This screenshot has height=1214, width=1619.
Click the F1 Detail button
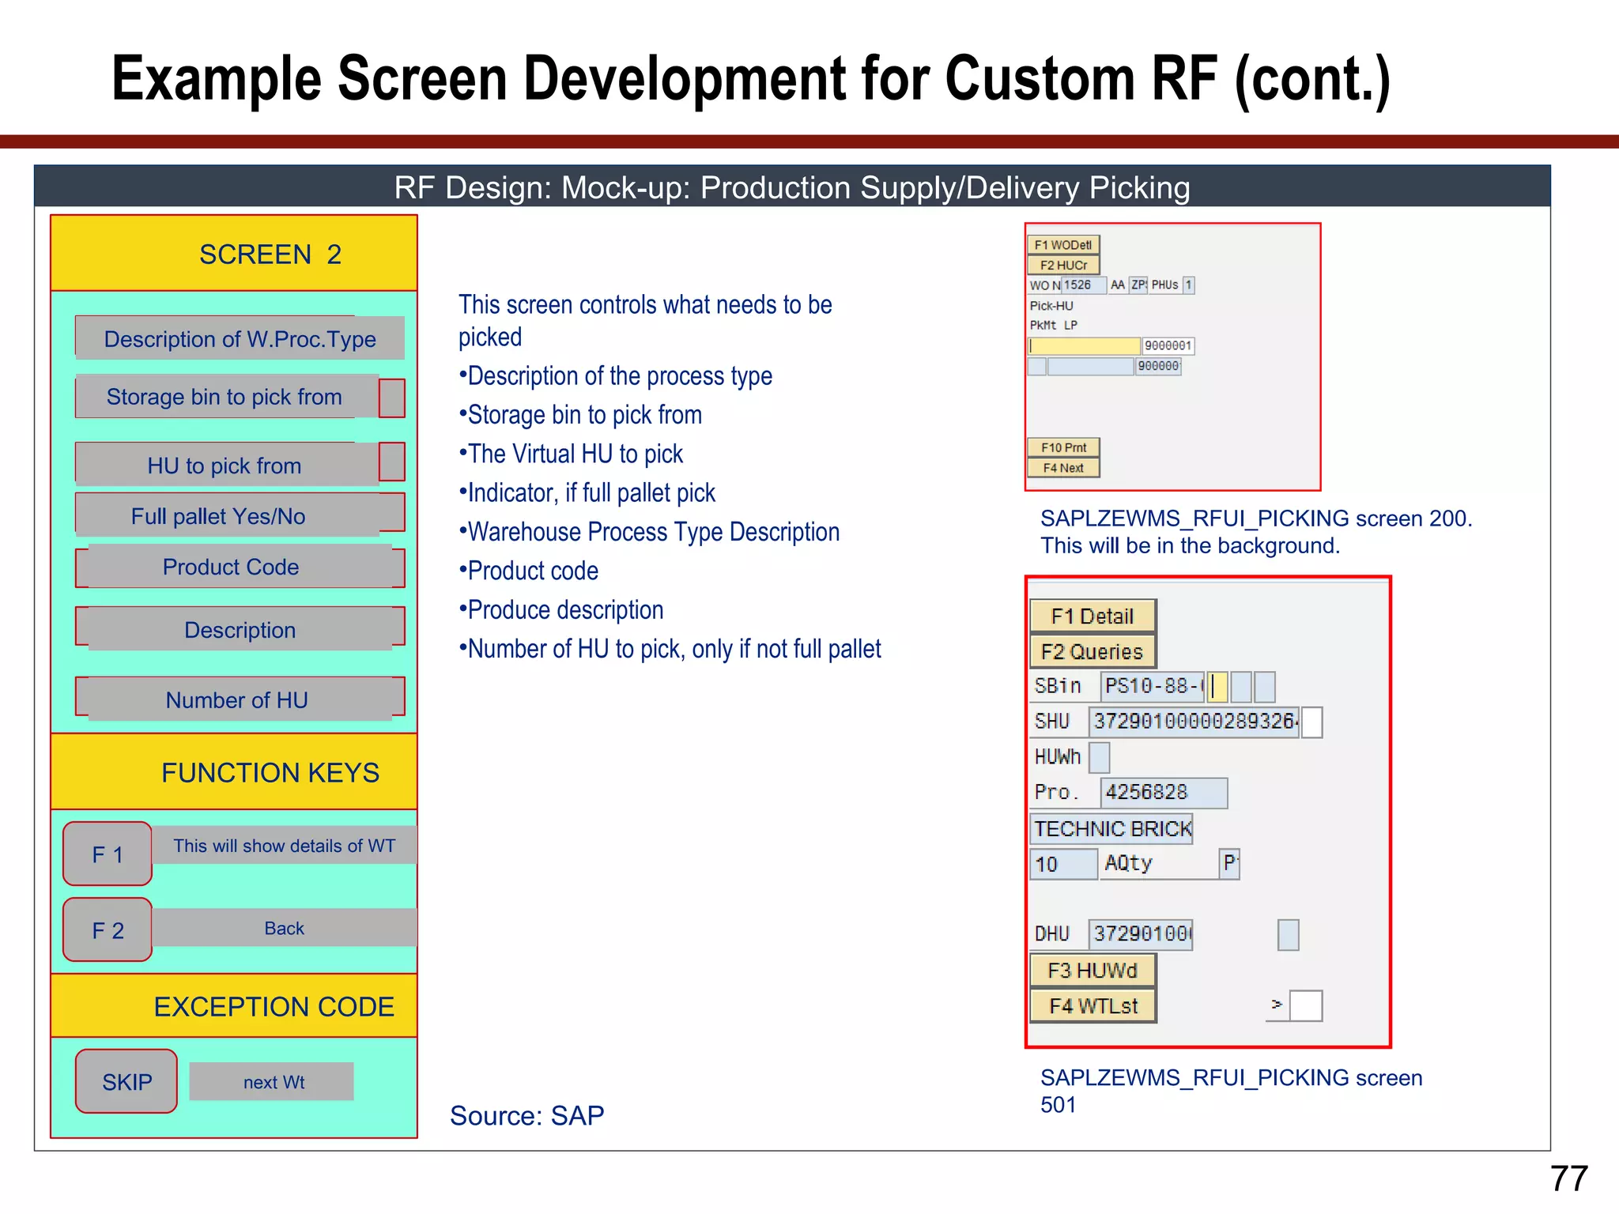(x=1093, y=616)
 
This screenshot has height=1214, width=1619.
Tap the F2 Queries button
(x=1093, y=651)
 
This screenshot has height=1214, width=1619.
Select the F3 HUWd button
(x=1093, y=971)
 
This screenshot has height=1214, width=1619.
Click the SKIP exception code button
(x=126, y=1081)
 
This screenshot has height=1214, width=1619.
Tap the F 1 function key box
(x=108, y=854)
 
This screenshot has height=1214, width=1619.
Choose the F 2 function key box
(x=108, y=930)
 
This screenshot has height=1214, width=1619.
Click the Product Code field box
(x=240, y=567)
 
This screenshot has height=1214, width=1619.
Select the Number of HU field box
(x=240, y=699)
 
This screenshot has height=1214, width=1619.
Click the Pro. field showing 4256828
(x=1163, y=792)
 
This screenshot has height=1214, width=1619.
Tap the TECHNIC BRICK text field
(x=1112, y=828)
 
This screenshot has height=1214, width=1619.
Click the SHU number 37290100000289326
(x=1194, y=721)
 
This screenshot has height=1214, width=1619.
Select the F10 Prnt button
(x=1063, y=447)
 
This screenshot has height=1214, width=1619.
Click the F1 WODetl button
(x=1063, y=245)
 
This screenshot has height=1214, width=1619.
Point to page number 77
(x=1568, y=1178)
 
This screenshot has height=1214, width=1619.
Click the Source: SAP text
(x=526, y=1115)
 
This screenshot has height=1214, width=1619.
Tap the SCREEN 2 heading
(x=270, y=254)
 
